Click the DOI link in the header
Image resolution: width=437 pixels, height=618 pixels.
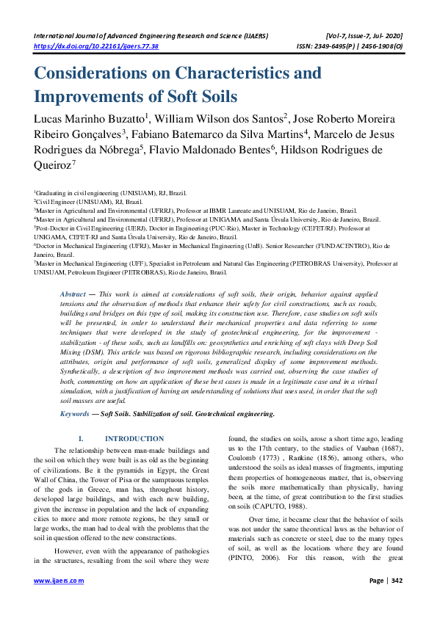pos(96,46)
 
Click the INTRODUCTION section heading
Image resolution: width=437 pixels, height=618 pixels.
pos(145,438)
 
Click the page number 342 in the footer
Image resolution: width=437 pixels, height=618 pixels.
pos(396,600)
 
